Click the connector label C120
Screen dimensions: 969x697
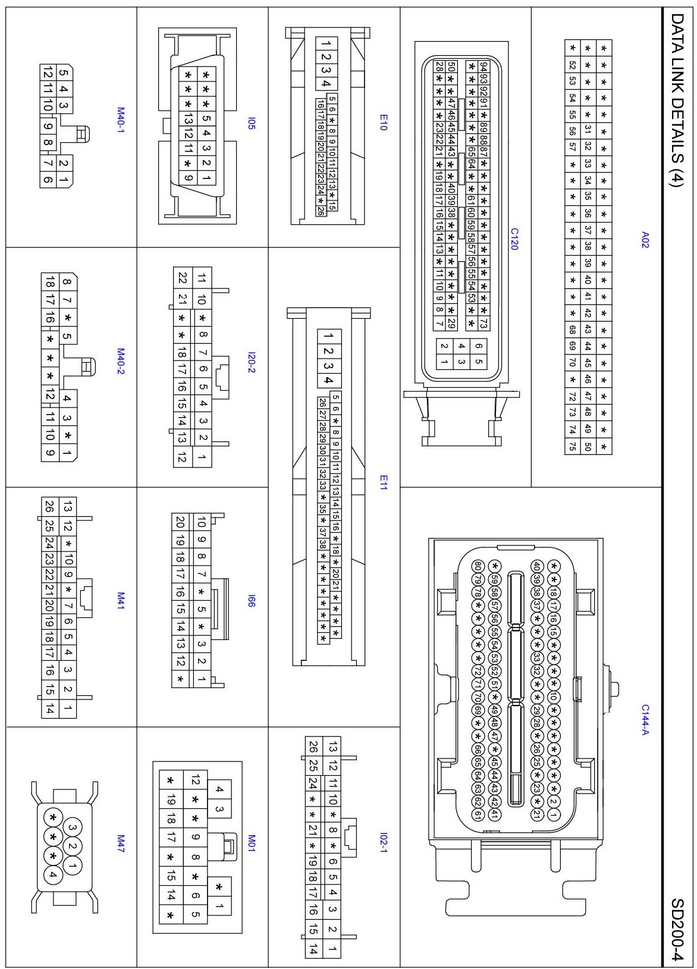(514, 239)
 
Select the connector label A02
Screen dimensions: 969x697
(645, 240)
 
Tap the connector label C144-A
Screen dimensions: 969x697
(645, 719)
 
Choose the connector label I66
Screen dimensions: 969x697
(252, 601)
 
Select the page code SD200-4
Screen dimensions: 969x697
(677, 929)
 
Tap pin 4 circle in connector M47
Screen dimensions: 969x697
(53, 874)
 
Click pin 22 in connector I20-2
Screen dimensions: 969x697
(183, 278)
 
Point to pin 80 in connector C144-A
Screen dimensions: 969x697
(477, 566)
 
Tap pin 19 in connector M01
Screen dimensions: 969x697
(171, 799)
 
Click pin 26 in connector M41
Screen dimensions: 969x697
(49, 506)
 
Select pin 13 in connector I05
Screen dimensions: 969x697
(188, 118)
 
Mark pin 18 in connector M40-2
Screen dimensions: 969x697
(50, 281)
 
